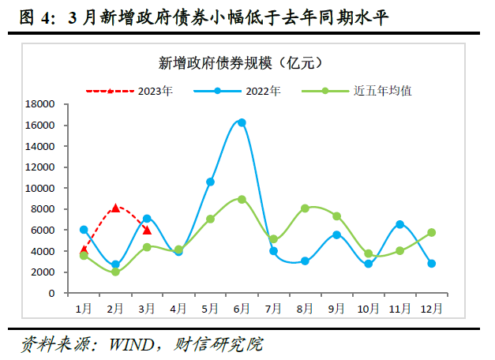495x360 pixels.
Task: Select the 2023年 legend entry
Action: pyautogui.click(x=155, y=91)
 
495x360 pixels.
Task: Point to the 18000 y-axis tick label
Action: pyautogui.click(x=39, y=104)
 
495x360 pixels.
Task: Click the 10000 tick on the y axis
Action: pyautogui.click(x=39, y=188)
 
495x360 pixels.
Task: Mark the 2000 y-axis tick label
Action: pyautogui.click(x=42, y=272)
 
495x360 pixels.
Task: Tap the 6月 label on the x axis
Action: pyautogui.click(x=242, y=308)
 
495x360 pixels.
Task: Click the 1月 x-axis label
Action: pyautogui.click(x=84, y=308)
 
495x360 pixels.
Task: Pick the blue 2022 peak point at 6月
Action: pyautogui.click(x=242, y=122)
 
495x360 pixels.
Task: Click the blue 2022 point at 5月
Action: pyautogui.click(x=210, y=182)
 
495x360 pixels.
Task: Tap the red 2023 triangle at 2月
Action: pyautogui.click(x=115, y=208)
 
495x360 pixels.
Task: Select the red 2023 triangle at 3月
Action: pyautogui.click(x=147, y=230)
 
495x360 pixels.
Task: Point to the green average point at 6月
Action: pyautogui.click(x=242, y=199)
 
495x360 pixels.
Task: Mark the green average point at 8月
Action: pyautogui.click(x=305, y=208)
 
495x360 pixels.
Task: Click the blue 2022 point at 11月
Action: pyautogui.click(x=399, y=224)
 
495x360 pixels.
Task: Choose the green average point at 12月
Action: pyautogui.click(x=431, y=233)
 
